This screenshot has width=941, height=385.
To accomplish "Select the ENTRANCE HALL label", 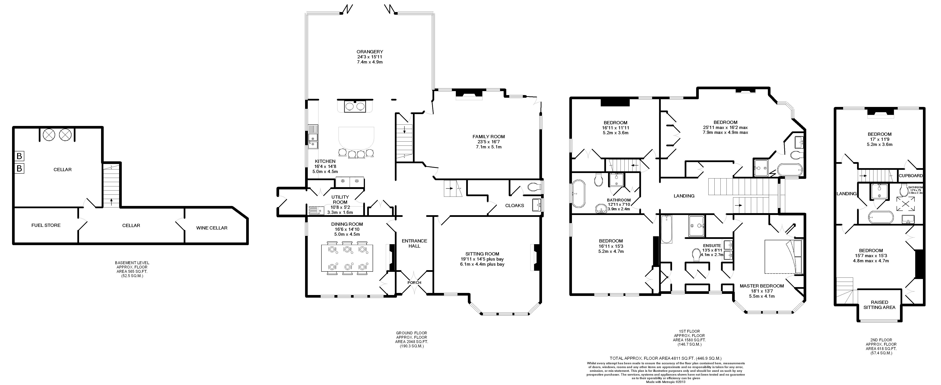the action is [x=414, y=243].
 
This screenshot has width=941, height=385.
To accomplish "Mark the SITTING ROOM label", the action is [x=482, y=254].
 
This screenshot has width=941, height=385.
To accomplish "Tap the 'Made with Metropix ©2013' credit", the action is [x=665, y=382].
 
